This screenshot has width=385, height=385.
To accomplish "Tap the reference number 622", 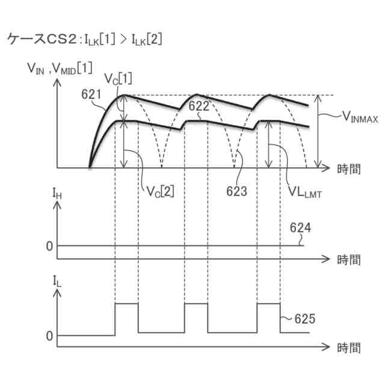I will [199, 106].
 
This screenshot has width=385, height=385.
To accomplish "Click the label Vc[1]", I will [118, 79].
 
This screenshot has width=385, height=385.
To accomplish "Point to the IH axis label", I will [57, 193].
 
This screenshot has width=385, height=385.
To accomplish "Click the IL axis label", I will [57, 280].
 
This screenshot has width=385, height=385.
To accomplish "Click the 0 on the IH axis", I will [49, 245].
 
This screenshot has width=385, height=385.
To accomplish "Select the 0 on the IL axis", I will [49, 335].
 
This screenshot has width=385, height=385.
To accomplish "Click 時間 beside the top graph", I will [349, 168].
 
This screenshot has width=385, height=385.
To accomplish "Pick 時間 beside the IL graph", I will [349, 348].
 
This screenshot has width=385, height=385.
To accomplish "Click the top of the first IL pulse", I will [126, 304].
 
